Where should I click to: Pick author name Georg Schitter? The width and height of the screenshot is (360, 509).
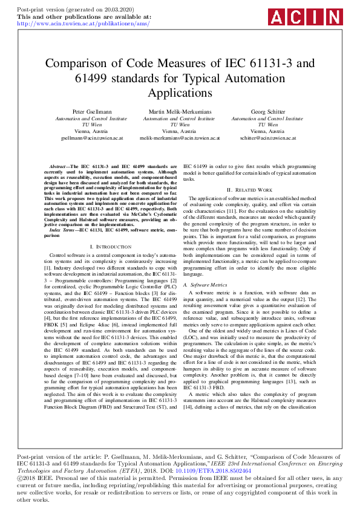tap(267, 112)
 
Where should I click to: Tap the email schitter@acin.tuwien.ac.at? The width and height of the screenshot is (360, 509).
tap(267, 138)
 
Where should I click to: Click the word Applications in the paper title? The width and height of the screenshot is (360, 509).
tap(180, 93)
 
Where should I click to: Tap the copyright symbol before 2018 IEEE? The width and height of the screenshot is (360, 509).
tap(20, 477)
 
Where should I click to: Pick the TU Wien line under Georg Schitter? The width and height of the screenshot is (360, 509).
tap(267, 125)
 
